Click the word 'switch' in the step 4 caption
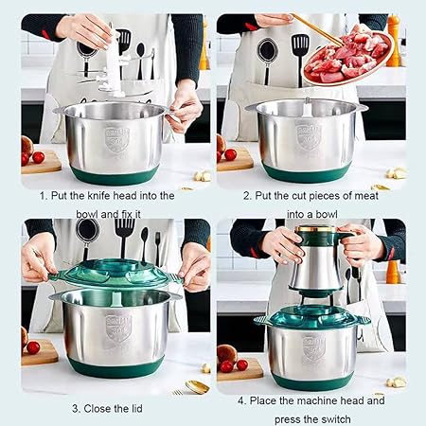348,417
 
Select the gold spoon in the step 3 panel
196,386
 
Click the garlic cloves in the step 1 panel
201,175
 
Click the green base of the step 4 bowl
312,382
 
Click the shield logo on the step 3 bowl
115,331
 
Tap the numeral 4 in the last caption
241,400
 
